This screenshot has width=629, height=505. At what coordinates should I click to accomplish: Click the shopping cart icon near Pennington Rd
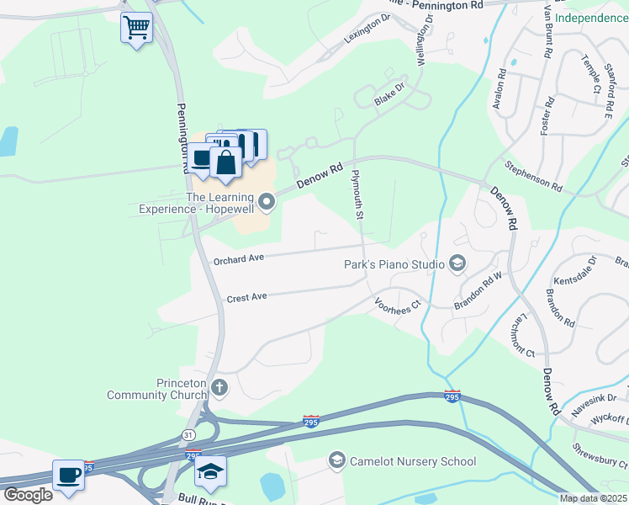136,28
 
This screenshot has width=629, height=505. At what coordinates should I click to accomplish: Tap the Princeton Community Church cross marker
219,387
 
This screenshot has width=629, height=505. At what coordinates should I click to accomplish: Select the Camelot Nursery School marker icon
337,460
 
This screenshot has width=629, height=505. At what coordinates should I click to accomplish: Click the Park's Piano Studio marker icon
457,264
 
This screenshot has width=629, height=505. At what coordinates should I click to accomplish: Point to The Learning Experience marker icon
267,201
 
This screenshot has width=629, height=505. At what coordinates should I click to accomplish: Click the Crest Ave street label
246,297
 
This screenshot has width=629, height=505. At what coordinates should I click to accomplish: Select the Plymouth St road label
357,194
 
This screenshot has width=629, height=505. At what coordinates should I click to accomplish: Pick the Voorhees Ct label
397,305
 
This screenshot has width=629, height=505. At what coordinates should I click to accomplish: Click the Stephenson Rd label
533,174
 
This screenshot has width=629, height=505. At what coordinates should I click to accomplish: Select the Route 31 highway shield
190,433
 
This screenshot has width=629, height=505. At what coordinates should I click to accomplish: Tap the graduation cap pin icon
211,470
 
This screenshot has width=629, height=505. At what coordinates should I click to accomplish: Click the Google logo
27,494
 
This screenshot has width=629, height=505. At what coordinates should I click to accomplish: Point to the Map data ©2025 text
593,498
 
